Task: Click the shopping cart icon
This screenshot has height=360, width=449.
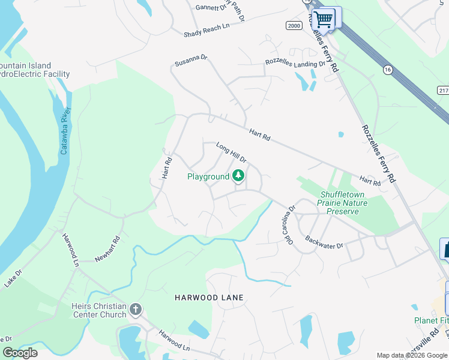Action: (x=324, y=19)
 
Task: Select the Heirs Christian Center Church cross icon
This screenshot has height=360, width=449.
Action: (x=136, y=310)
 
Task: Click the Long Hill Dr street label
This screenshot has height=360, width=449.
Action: (x=232, y=153)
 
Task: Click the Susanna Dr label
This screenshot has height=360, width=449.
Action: (x=190, y=61)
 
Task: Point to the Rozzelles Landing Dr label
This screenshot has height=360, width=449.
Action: (x=295, y=63)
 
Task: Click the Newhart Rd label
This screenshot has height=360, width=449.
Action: (x=108, y=249)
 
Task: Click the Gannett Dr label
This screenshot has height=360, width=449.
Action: (x=210, y=8)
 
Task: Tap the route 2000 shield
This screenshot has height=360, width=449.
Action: (x=294, y=25)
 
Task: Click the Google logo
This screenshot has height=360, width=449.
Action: (x=20, y=353)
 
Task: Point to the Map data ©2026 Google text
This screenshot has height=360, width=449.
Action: (x=412, y=355)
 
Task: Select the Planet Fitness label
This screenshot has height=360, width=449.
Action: (x=431, y=321)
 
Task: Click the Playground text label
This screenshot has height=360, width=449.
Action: (x=208, y=176)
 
